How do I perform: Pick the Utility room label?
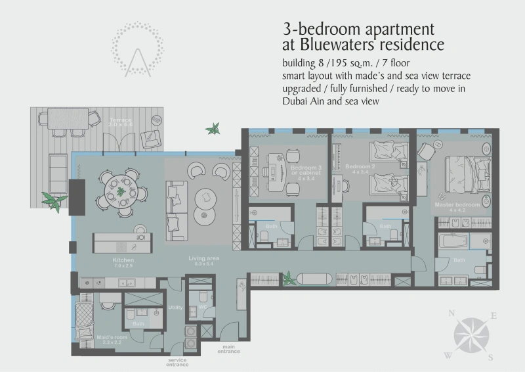point(175,307)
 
